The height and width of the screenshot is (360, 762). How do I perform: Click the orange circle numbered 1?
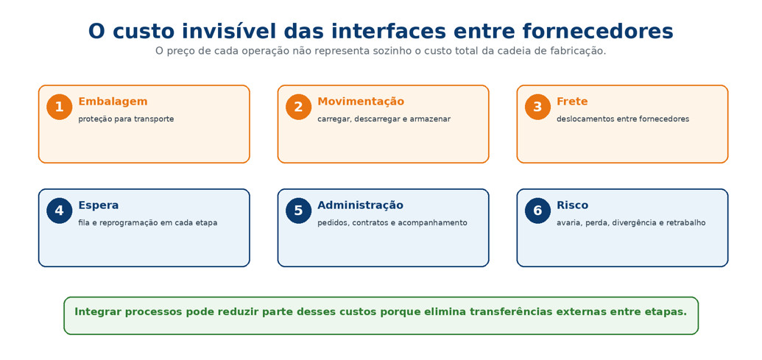(x=60, y=107)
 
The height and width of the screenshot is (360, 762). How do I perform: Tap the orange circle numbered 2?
(x=298, y=107)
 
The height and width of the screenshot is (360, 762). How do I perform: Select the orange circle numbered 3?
(x=537, y=107)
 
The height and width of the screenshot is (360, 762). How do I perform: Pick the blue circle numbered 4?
(x=60, y=211)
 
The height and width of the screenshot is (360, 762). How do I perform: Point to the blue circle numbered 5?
(x=298, y=211)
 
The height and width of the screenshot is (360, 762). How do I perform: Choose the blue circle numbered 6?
(x=537, y=211)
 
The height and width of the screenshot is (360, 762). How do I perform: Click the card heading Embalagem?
(x=113, y=102)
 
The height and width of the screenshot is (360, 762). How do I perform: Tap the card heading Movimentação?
(x=361, y=102)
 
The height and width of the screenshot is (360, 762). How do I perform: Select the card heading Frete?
(x=572, y=102)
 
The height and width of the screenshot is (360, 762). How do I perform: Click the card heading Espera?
(x=98, y=205)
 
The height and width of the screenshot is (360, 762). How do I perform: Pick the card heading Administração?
(x=360, y=205)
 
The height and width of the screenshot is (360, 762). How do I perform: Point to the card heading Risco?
(x=572, y=205)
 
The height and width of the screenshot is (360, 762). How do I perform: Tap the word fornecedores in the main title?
(x=598, y=31)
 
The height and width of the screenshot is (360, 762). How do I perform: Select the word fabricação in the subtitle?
(x=582, y=51)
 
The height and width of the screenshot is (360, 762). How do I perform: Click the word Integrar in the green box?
(x=95, y=312)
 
